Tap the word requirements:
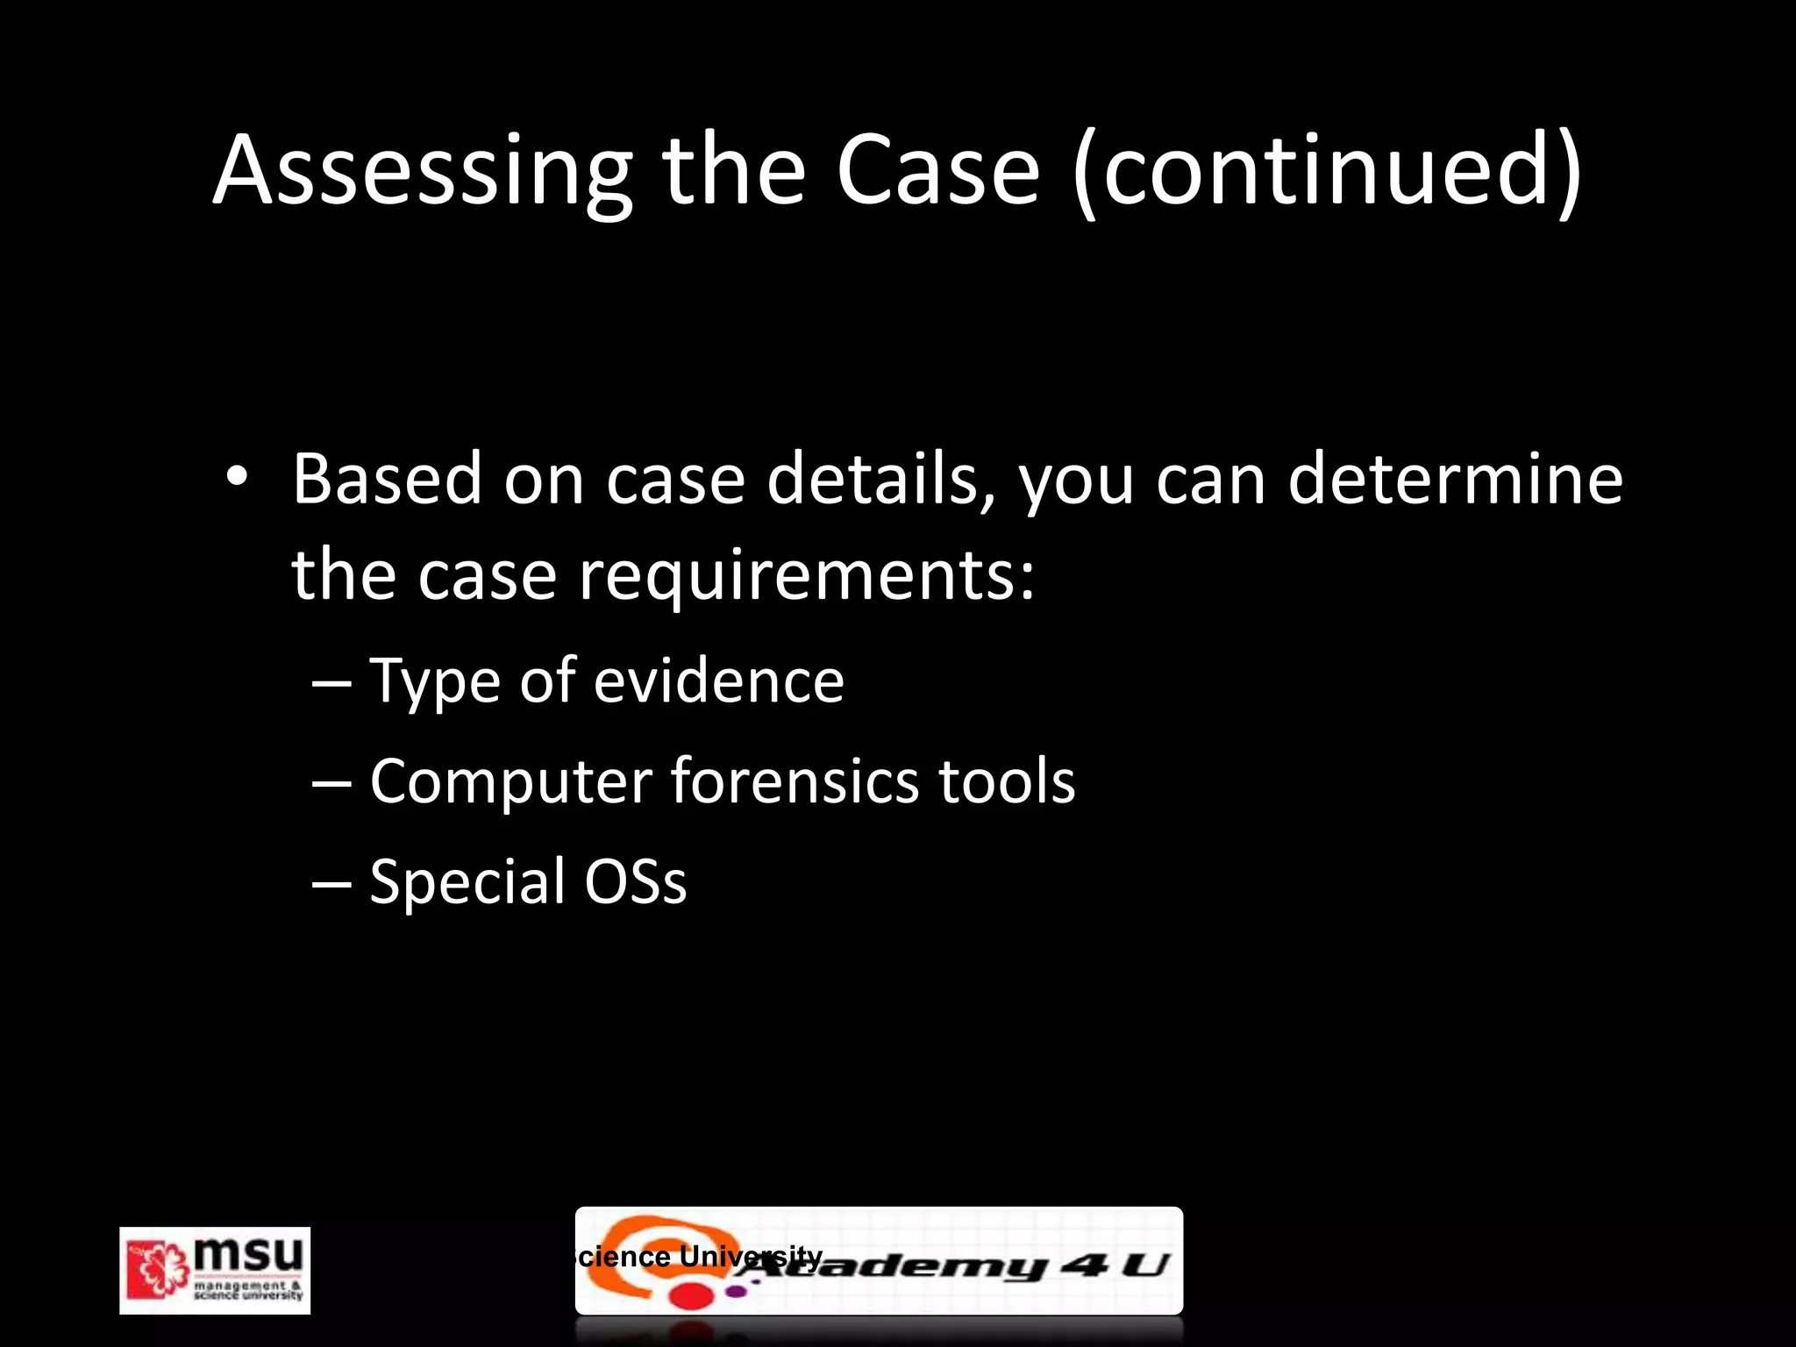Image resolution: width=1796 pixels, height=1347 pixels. pos(807,576)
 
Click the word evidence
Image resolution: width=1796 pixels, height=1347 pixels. pos(718,681)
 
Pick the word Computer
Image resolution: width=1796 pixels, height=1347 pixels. pos(511,781)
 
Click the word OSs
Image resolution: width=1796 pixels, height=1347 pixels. pos(636,881)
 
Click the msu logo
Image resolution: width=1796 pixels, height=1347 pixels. pos(215,1270)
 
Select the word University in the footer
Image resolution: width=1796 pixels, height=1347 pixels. pos(751,1256)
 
